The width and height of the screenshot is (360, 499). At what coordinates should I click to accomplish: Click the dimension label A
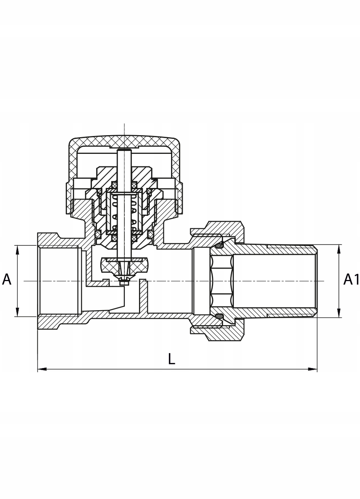7,280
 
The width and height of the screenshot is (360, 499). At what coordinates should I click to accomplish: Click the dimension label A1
351,280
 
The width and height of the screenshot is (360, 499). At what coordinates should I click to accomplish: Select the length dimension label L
171,359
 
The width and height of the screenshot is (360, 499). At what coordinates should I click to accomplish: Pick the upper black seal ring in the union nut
219,245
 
